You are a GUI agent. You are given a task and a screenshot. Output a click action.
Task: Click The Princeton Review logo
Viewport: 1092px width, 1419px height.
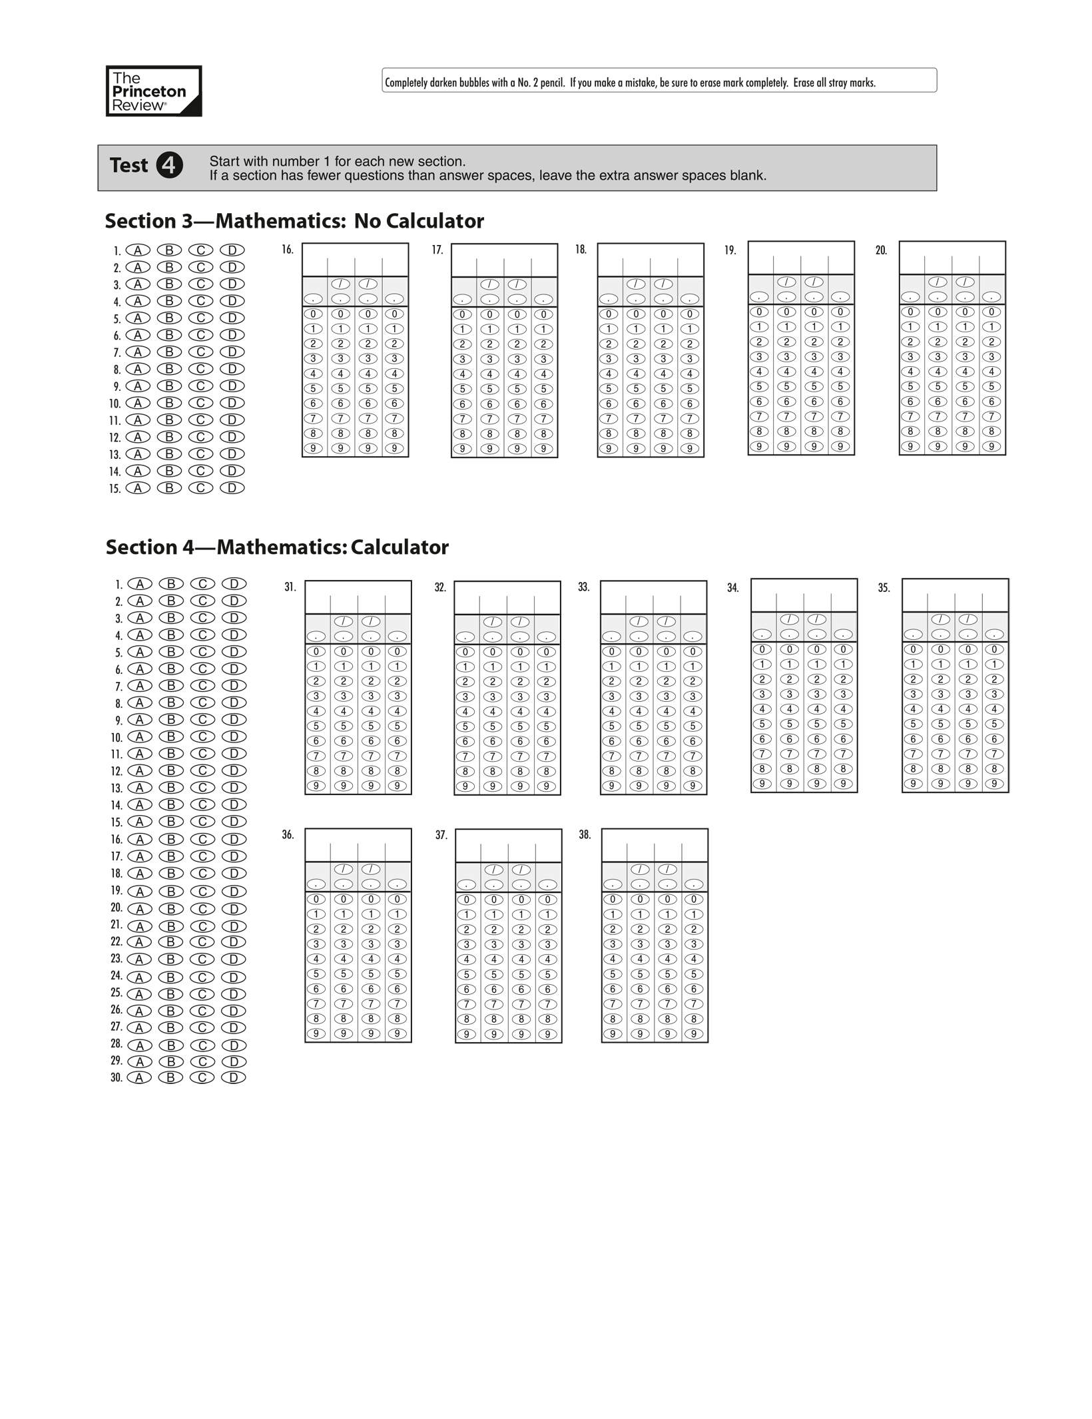click(154, 91)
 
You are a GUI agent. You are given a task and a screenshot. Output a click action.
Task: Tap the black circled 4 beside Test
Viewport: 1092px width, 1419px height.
click(169, 165)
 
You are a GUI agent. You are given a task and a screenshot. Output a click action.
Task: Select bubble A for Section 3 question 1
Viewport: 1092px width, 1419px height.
click(138, 250)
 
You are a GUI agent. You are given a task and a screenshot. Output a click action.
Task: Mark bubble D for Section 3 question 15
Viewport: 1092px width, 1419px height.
click(232, 488)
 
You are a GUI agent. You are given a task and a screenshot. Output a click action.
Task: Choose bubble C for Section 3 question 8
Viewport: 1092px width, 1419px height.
click(200, 369)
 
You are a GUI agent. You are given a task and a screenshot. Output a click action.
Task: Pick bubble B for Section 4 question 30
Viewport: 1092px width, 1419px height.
click(170, 1077)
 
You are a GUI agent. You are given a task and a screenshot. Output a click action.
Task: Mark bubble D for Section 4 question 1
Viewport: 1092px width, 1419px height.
click(234, 584)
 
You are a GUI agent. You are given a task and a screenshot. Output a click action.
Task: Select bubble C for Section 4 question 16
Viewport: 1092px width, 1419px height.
click(202, 839)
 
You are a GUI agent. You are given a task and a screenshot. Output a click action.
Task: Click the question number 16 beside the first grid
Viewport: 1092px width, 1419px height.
click(287, 250)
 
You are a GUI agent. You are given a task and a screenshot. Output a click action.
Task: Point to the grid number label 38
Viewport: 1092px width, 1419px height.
click(585, 835)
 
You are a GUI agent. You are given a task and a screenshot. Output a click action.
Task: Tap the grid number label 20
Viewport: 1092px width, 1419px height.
click(881, 250)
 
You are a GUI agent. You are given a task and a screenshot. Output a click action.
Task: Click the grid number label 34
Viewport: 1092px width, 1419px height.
click(732, 588)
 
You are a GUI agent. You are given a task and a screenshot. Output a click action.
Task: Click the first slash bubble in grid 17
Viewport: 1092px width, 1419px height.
click(490, 284)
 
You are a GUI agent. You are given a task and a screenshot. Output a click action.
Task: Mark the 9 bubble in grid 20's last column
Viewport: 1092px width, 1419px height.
click(991, 446)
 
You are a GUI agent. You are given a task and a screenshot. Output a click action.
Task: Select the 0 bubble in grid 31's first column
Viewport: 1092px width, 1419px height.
click(316, 651)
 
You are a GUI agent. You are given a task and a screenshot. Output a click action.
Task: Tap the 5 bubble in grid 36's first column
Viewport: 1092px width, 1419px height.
click(316, 974)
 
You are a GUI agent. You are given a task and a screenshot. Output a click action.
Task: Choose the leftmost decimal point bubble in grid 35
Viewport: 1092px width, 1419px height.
click(914, 635)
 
